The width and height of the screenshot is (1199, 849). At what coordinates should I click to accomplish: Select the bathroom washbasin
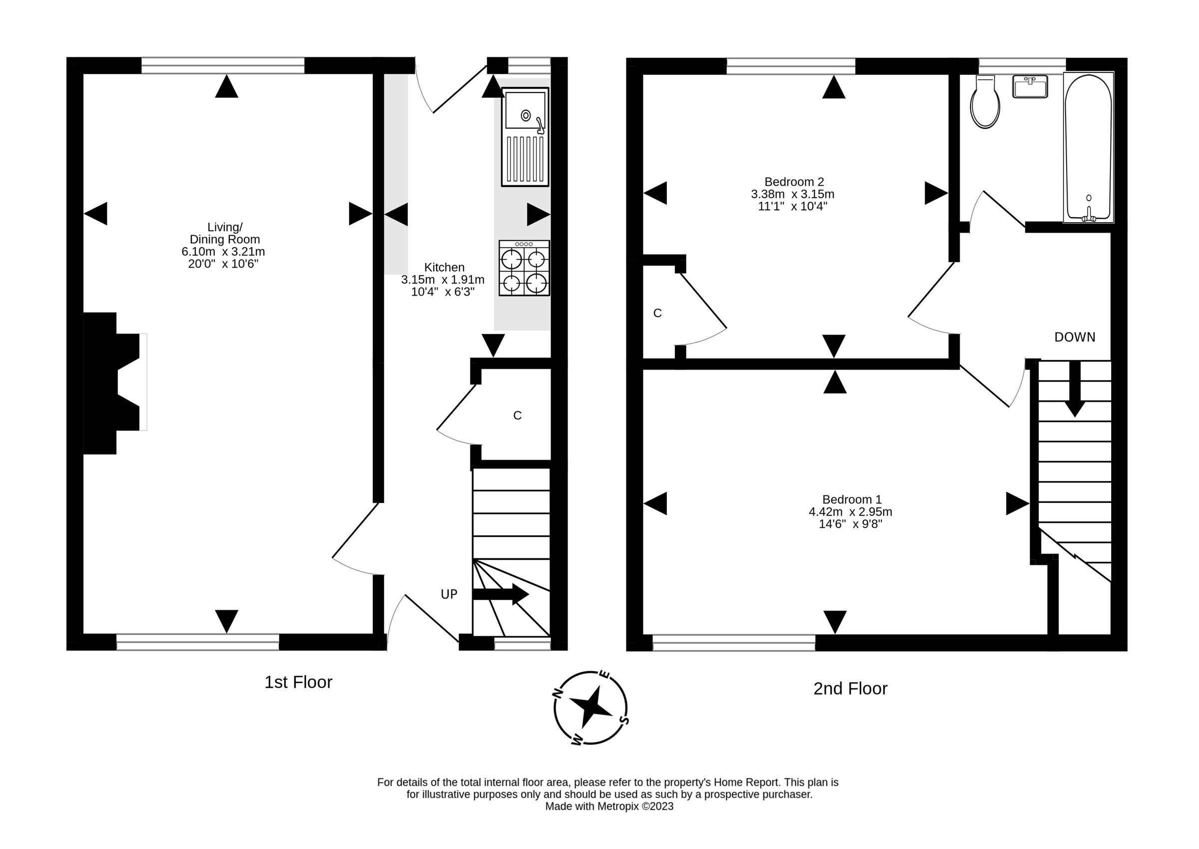point(1030,87)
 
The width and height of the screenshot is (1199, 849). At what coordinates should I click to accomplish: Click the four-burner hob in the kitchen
point(524,268)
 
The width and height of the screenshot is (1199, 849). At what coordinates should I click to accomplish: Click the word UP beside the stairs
point(449,594)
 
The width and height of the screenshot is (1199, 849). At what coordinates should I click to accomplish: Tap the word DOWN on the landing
point(1075,338)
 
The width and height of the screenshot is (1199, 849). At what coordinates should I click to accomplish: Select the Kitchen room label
point(444,267)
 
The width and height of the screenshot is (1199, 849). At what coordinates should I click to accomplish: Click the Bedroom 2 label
point(794,182)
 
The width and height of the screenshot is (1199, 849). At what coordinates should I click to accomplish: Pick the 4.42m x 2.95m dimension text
point(850,512)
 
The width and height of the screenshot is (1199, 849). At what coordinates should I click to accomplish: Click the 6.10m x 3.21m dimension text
point(223,252)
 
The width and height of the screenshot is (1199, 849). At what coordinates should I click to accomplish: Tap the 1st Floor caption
point(298,682)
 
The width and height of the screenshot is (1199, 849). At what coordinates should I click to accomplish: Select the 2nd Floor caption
point(850,689)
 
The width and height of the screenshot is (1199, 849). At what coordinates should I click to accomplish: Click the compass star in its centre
point(591,708)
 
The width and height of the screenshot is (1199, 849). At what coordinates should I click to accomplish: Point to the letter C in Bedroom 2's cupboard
point(657,313)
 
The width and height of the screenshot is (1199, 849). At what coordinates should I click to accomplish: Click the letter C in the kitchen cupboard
point(517,416)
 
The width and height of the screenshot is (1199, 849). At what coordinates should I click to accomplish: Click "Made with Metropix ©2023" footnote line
point(609,806)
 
